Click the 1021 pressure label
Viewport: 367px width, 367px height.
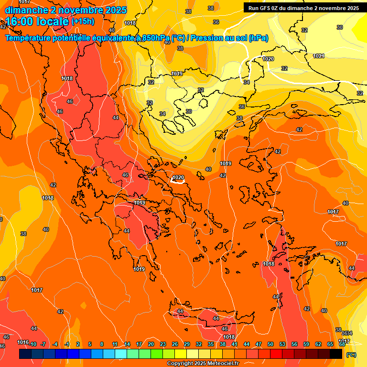(x=319, y=56)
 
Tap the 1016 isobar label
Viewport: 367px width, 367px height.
(x=23, y=342)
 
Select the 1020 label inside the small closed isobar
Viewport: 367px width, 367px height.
(x=178, y=177)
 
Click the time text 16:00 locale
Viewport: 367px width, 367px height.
(x=37, y=22)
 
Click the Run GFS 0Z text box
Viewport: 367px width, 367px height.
(x=303, y=8)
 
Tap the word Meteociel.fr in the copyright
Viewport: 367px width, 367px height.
(x=223, y=364)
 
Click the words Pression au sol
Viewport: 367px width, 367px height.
(x=218, y=38)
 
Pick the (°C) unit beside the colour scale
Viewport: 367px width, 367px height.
(x=351, y=355)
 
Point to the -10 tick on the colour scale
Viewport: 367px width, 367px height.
(x=33, y=344)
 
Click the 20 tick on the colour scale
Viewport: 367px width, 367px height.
(x=151, y=344)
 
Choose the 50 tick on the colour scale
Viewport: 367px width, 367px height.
(x=270, y=344)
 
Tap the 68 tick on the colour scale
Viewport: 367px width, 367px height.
(x=342, y=344)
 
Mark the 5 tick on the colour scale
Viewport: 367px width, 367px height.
(x=90, y=344)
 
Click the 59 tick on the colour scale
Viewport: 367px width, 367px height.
(x=306, y=344)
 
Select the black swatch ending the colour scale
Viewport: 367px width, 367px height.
(x=336, y=354)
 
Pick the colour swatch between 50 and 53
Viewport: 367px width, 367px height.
(x=276, y=354)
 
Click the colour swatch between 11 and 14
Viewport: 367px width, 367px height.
(x=121, y=354)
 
